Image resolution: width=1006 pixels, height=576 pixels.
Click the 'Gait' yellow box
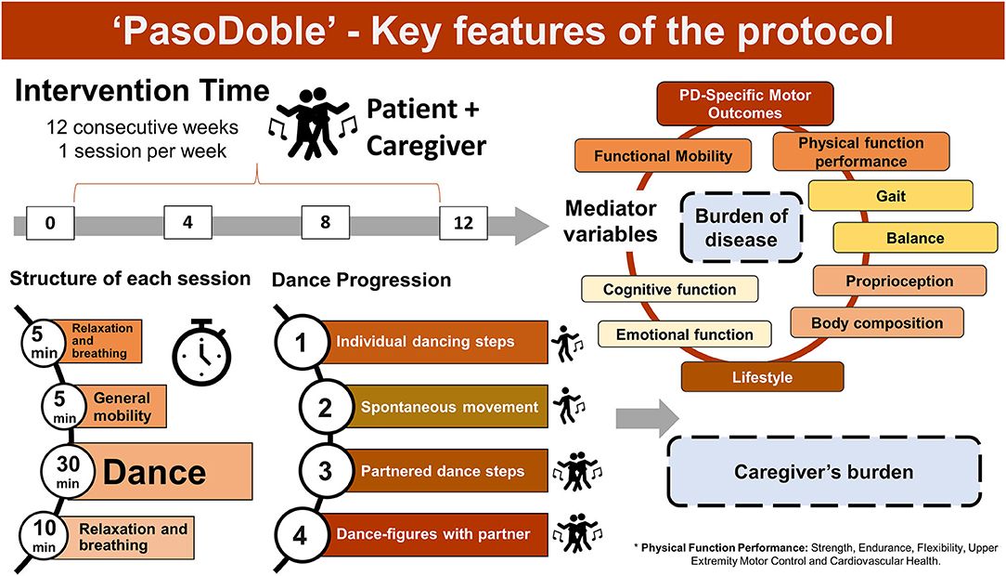[x=890, y=196]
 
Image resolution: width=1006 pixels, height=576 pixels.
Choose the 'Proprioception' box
[x=885, y=281]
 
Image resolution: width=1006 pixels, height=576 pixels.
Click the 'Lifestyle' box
[x=762, y=377]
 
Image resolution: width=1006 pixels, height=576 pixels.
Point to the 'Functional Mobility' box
[x=663, y=157]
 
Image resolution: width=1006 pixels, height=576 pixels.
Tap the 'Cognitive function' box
[x=669, y=290]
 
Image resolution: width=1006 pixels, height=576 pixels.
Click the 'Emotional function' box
[x=685, y=334]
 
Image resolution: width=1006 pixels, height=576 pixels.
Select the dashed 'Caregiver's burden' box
[x=823, y=472]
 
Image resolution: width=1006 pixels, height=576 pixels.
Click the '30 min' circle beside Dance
[x=64, y=468]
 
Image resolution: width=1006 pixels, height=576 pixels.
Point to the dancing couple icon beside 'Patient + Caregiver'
[x=312, y=127]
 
